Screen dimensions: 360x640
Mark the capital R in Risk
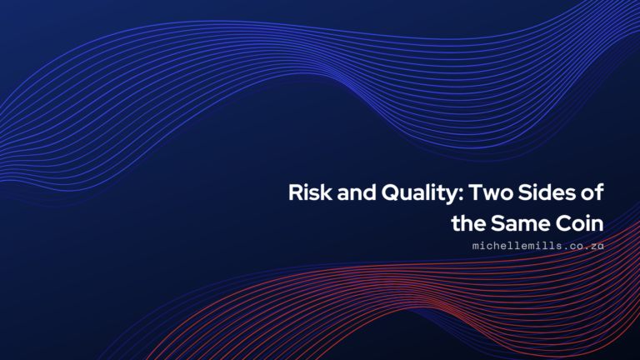(x=295, y=193)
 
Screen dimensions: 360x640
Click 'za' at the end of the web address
(x=597, y=247)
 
